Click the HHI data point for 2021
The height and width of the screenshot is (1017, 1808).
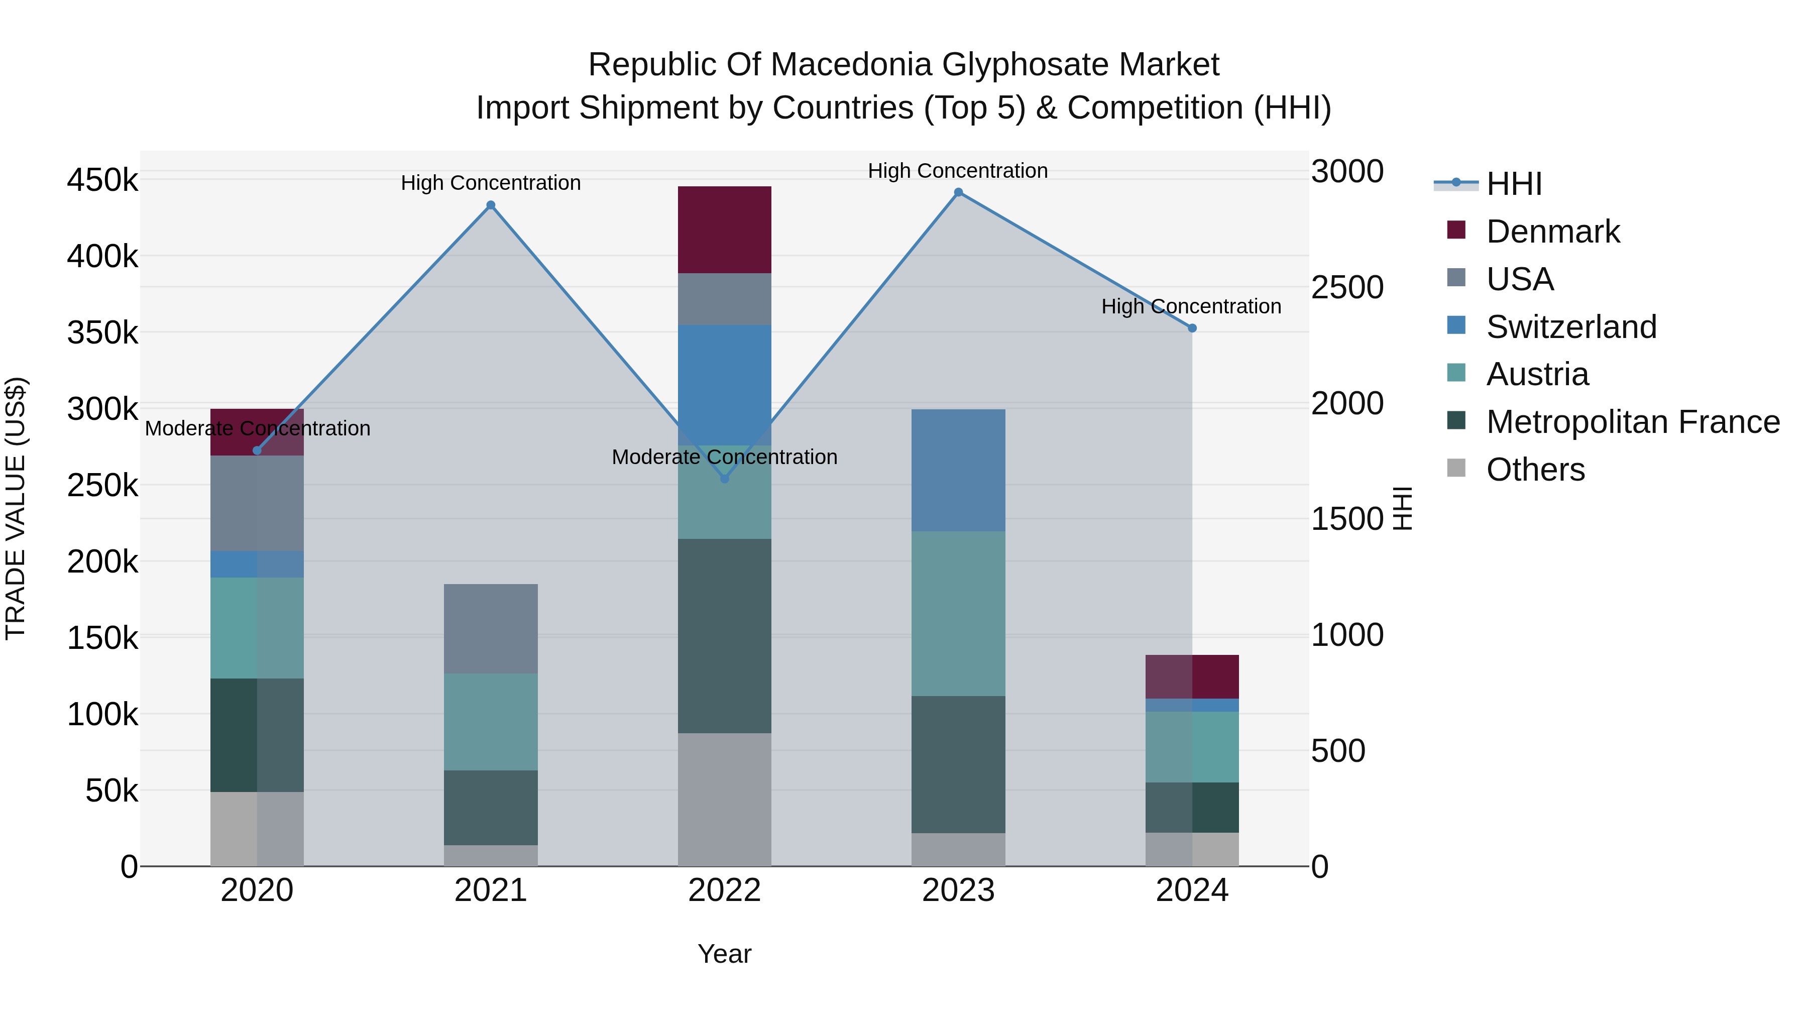pyautogui.click(x=491, y=205)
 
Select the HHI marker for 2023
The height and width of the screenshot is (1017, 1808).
pyautogui.click(x=958, y=192)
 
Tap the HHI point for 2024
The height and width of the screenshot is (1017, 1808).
pyautogui.click(x=1192, y=328)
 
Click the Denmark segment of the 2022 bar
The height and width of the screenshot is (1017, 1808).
pyautogui.click(x=724, y=230)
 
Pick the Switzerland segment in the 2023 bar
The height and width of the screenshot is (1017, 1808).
pyautogui.click(x=958, y=470)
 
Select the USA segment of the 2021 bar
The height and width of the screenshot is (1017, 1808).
pyautogui.click(x=491, y=628)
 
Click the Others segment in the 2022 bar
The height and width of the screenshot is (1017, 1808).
pyautogui.click(x=724, y=800)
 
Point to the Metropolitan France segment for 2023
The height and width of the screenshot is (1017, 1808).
pyautogui.click(x=958, y=764)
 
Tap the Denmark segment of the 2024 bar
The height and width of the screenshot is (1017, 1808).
pyautogui.click(x=1192, y=676)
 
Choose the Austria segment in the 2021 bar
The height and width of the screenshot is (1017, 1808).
pyautogui.click(x=491, y=722)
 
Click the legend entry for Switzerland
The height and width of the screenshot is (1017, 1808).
pyautogui.click(x=1571, y=327)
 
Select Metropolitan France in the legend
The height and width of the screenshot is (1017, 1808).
pyautogui.click(x=1633, y=422)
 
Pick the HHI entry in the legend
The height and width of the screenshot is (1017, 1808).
pyautogui.click(x=1513, y=184)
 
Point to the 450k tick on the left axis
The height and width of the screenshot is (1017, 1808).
pyautogui.click(x=102, y=180)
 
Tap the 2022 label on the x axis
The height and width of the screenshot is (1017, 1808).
pyautogui.click(x=724, y=890)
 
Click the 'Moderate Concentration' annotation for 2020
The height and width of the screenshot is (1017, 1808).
pyautogui.click(x=258, y=428)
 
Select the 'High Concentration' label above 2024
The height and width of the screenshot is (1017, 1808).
pyautogui.click(x=1191, y=307)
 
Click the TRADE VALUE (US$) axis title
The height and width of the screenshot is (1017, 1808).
pyautogui.click(x=16, y=508)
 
